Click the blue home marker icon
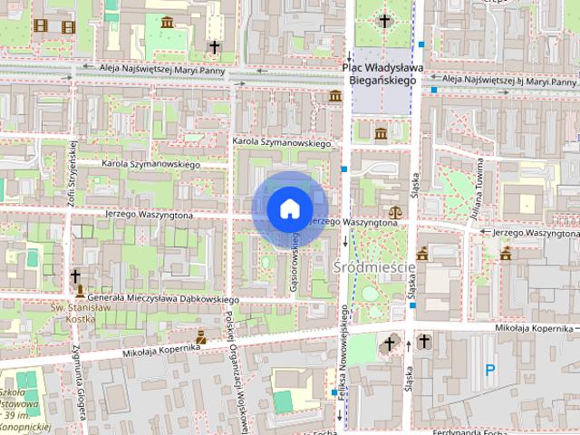(x=289, y=208)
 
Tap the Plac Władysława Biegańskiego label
(x=378, y=74)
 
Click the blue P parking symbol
(x=490, y=370)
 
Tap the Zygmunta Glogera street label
(x=75, y=384)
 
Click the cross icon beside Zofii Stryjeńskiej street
(x=76, y=275)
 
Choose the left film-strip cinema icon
(x=40, y=25)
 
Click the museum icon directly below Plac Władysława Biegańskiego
(x=380, y=134)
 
